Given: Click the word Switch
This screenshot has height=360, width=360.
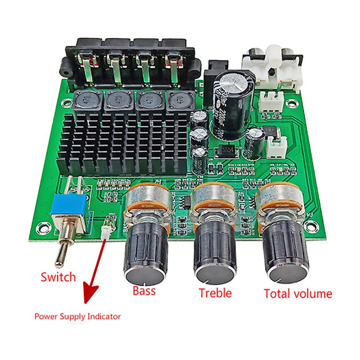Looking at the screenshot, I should click(58, 277).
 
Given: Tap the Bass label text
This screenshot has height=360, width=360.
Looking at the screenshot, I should click(144, 290).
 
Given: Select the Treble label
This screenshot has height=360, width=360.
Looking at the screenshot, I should click(215, 293).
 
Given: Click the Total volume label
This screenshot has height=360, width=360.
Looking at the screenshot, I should click(298, 294).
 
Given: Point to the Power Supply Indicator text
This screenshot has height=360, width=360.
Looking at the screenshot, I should click(77, 316).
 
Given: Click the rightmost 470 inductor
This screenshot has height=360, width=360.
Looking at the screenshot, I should click(176, 101).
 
